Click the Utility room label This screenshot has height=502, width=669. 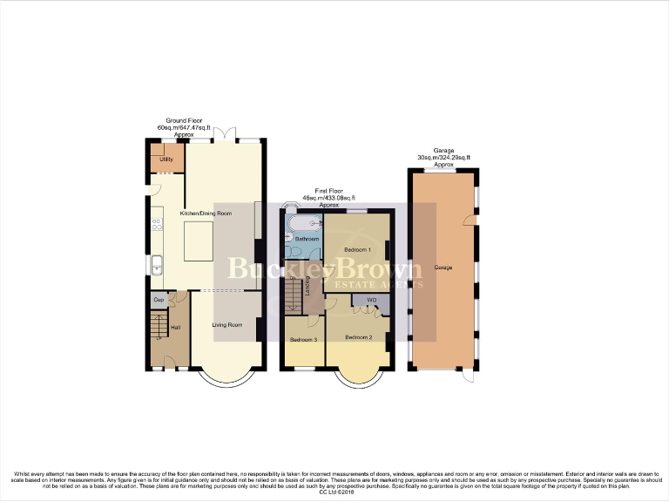point(166,159)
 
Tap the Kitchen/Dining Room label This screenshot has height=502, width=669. point(206,214)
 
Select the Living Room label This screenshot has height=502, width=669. point(227,325)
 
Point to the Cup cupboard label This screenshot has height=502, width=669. point(159,300)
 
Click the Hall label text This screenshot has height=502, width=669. point(175,327)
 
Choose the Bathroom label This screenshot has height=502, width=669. point(306,238)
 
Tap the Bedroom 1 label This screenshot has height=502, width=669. point(357,250)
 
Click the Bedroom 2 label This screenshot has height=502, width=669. point(358,337)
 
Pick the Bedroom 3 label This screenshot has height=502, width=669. point(303,339)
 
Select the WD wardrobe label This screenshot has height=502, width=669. point(371,301)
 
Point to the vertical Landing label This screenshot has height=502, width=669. point(308,285)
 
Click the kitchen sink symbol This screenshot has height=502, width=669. point(157,265)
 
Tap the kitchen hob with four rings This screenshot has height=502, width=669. point(158,224)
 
